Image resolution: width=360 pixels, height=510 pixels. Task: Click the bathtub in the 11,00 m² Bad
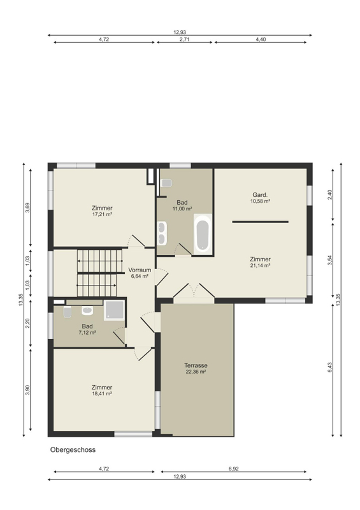click(x=203, y=234)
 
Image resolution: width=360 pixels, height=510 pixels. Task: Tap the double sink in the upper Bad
click(x=162, y=233)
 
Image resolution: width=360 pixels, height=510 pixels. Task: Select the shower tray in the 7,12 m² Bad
click(x=114, y=310)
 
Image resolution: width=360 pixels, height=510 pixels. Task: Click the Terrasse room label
click(x=196, y=365)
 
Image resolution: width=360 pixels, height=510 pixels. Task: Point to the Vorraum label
click(x=140, y=270)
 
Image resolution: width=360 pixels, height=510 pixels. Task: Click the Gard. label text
click(x=260, y=195)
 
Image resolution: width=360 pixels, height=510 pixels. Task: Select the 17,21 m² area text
click(x=102, y=214)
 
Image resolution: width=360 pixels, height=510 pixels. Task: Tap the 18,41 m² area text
click(x=102, y=393)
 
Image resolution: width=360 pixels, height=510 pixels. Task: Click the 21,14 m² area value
click(x=260, y=265)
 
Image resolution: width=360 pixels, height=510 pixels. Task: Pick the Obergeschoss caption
click(x=73, y=450)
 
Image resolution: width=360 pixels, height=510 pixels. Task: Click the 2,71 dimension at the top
click(x=184, y=40)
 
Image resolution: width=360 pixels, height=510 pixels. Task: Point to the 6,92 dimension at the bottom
click(x=233, y=469)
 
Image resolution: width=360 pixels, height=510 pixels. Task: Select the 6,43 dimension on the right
click(x=330, y=367)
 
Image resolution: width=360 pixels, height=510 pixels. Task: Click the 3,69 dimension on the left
click(x=27, y=208)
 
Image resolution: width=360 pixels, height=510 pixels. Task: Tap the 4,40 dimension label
click(x=261, y=40)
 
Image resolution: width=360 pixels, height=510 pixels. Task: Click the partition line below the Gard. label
click(x=260, y=222)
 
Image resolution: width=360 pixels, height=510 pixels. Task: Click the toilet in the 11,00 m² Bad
click(x=166, y=183)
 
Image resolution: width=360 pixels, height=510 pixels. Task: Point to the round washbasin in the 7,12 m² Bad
click(x=87, y=310)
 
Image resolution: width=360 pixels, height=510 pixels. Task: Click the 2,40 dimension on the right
click(x=330, y=194)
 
